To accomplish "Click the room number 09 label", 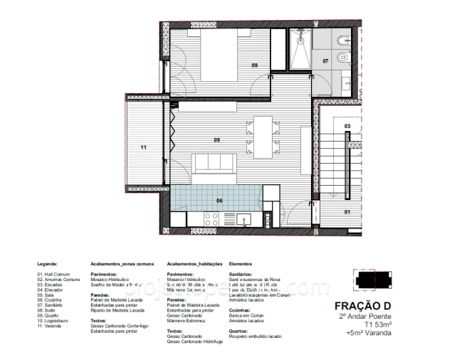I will click(254, 65).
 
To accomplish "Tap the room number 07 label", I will click(326, 61).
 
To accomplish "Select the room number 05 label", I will click(216, 140).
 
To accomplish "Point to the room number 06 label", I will click(219, 201).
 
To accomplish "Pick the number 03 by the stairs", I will click(347, 126).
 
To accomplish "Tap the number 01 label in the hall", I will click(348, 212).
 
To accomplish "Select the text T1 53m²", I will click(374, 324).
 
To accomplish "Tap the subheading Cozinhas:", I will click(241, 311).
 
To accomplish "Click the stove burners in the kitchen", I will click(211, 219).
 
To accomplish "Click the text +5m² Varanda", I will click(369, 332).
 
